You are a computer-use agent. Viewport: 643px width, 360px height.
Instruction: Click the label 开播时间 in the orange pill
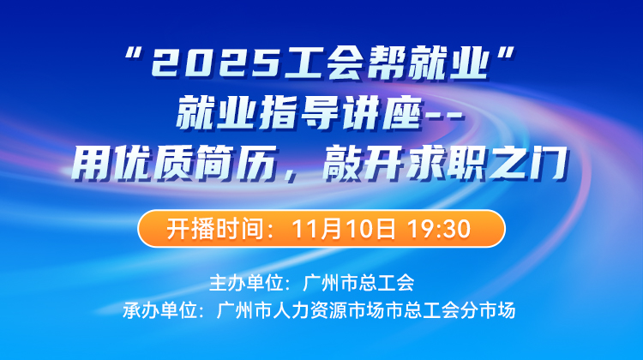click(x=205, y=229)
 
